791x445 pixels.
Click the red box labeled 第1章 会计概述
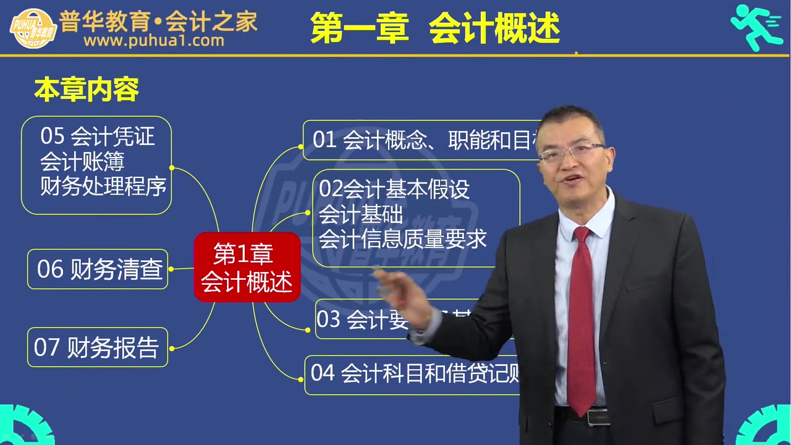coord(247,267)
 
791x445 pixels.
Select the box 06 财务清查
coord(98,269)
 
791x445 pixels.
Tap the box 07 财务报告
coord(98,347)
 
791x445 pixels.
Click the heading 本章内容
coord(87,90)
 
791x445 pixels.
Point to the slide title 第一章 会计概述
coord(434,28)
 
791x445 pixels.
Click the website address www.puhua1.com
coord(154,41)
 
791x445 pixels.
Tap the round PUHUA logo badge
coord(33,28)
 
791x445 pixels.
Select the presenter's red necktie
coord(581,321)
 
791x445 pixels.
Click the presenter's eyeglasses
coord(572,152)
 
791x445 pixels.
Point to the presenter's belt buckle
coord(597,417)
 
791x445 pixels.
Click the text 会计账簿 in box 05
coord(82,161)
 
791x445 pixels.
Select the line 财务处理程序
coord(103,185)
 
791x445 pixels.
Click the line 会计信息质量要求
coord(402,239)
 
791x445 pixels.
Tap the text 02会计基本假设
coord(394,189)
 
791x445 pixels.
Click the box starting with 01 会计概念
coord(420,140)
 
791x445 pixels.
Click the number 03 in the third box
coord(328,319)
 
